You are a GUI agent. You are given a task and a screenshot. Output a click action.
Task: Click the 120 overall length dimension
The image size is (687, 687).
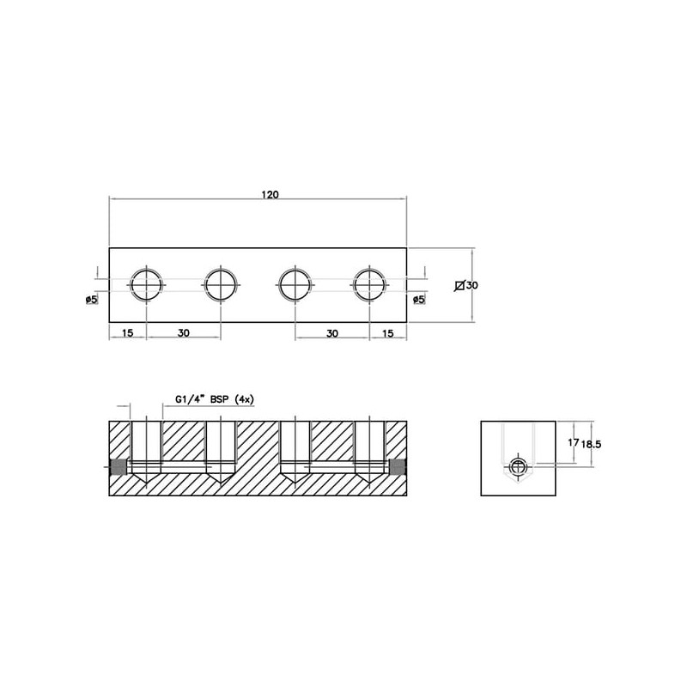(x=270, y=195)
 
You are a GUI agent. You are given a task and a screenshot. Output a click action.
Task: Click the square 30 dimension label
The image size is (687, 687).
(x=466, y=286)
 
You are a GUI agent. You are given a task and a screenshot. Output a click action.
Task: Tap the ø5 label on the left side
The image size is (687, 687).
(x=92, y=300)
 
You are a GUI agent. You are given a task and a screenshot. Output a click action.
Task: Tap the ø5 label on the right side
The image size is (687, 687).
(x=419, y=300)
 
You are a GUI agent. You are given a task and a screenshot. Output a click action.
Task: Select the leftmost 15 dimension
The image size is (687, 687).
(x=127, y=333)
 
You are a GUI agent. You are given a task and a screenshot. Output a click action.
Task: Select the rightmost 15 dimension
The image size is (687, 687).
(x=388, y=333)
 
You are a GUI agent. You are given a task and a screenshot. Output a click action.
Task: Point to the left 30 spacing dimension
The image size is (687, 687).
(x=184, y=333)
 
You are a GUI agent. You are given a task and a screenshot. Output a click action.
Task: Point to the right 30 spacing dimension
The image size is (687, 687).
(x=332, y=333)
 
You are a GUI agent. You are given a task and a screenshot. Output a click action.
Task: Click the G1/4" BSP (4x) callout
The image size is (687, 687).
(x=215, y=399)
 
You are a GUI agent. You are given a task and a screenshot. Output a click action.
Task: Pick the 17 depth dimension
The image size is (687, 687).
(x=573, y=443)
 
